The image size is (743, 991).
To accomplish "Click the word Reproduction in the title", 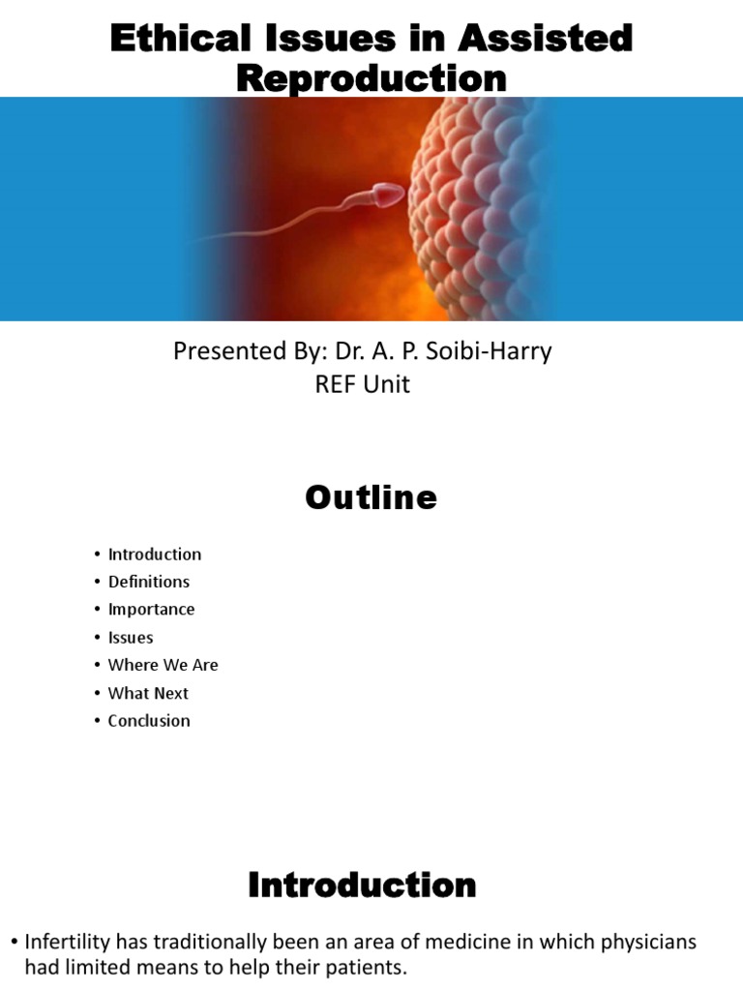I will point(371,78).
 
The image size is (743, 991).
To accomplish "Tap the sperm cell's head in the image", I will point(387,196).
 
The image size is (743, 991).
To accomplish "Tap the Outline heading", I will point(371,497).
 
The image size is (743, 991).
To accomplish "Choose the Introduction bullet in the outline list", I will point(155,555).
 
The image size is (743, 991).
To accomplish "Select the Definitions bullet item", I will point(149,582).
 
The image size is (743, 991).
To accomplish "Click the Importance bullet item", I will point(151,609).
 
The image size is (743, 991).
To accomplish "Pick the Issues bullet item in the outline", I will point(131,638).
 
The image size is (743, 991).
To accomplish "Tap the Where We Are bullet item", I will point(163,665).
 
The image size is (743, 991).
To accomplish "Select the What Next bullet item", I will point(148,693).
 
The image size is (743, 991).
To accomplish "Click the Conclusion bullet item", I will point(149,720).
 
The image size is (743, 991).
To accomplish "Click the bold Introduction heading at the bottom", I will point(362,885).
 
